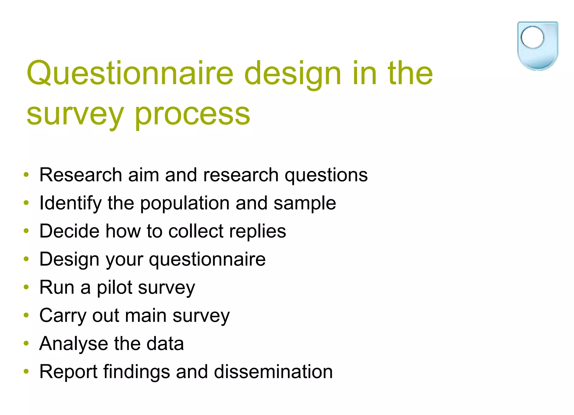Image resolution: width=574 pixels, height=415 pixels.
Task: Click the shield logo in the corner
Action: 537,46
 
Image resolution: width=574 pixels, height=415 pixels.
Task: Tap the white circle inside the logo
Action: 532,37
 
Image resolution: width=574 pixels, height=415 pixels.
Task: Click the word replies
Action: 257,231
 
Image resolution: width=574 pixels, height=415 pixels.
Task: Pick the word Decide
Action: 69,231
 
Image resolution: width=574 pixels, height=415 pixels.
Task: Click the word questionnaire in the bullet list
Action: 207,260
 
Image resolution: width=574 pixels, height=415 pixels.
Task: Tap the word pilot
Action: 114,288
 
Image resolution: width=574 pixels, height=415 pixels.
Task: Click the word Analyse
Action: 73,344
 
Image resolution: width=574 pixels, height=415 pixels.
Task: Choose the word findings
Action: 136,372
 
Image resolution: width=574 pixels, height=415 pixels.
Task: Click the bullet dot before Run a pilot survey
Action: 26,287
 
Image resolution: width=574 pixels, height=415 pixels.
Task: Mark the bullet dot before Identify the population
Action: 26,203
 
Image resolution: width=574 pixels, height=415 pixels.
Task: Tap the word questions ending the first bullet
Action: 326,175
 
